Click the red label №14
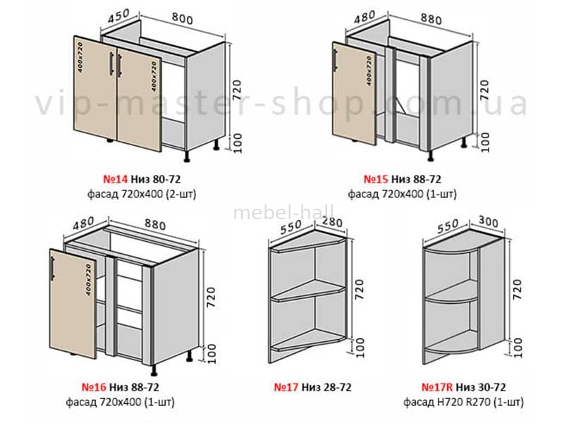115,179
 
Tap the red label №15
376,179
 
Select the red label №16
94,387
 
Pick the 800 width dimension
182,18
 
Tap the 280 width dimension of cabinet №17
331,222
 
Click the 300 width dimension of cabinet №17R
488,221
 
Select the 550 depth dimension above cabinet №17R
447,226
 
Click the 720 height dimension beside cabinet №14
237,91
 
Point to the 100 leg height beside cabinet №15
485,142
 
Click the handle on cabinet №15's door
336,60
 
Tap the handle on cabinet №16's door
53,269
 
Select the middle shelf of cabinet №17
308,290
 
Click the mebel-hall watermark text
284,212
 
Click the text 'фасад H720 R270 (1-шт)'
463,402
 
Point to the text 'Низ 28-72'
326,387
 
